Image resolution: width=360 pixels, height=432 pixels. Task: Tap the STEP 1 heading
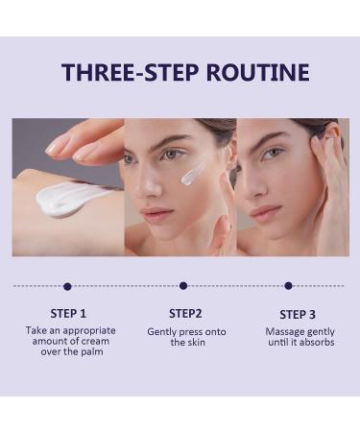click(x=67, y=313)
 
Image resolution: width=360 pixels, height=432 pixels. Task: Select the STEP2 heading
click(x=184, y=313)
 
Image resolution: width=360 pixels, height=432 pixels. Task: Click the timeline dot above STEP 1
click(x=67, y=286)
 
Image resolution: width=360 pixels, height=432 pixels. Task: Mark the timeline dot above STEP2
click(x=183, y=286)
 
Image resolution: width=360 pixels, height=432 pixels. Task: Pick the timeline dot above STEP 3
click(x=288, y=286)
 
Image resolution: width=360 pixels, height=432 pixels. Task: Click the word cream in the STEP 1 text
click(x=91, y=342)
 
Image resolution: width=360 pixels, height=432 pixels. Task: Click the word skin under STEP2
click(x=197, y=342)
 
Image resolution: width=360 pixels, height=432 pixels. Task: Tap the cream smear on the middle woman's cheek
click(x=193, y=173)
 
